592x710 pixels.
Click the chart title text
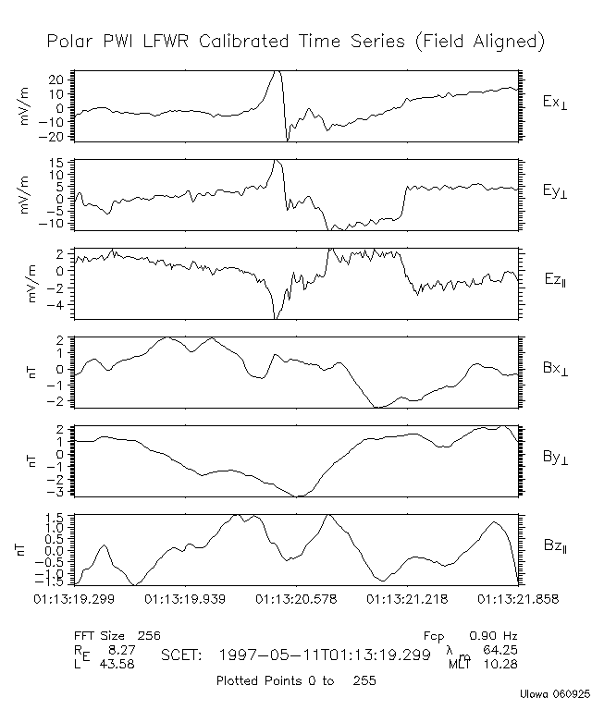[x=295, y=43]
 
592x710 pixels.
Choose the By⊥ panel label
[x=555, y=457]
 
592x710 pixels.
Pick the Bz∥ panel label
[x=555, y=546]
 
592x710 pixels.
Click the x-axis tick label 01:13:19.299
[x=77, y=599]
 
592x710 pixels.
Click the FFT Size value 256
[x=148, y=636]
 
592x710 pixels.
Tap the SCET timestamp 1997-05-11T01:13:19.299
[x=326, y=655]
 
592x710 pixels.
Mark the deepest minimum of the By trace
[x=298, y=496]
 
